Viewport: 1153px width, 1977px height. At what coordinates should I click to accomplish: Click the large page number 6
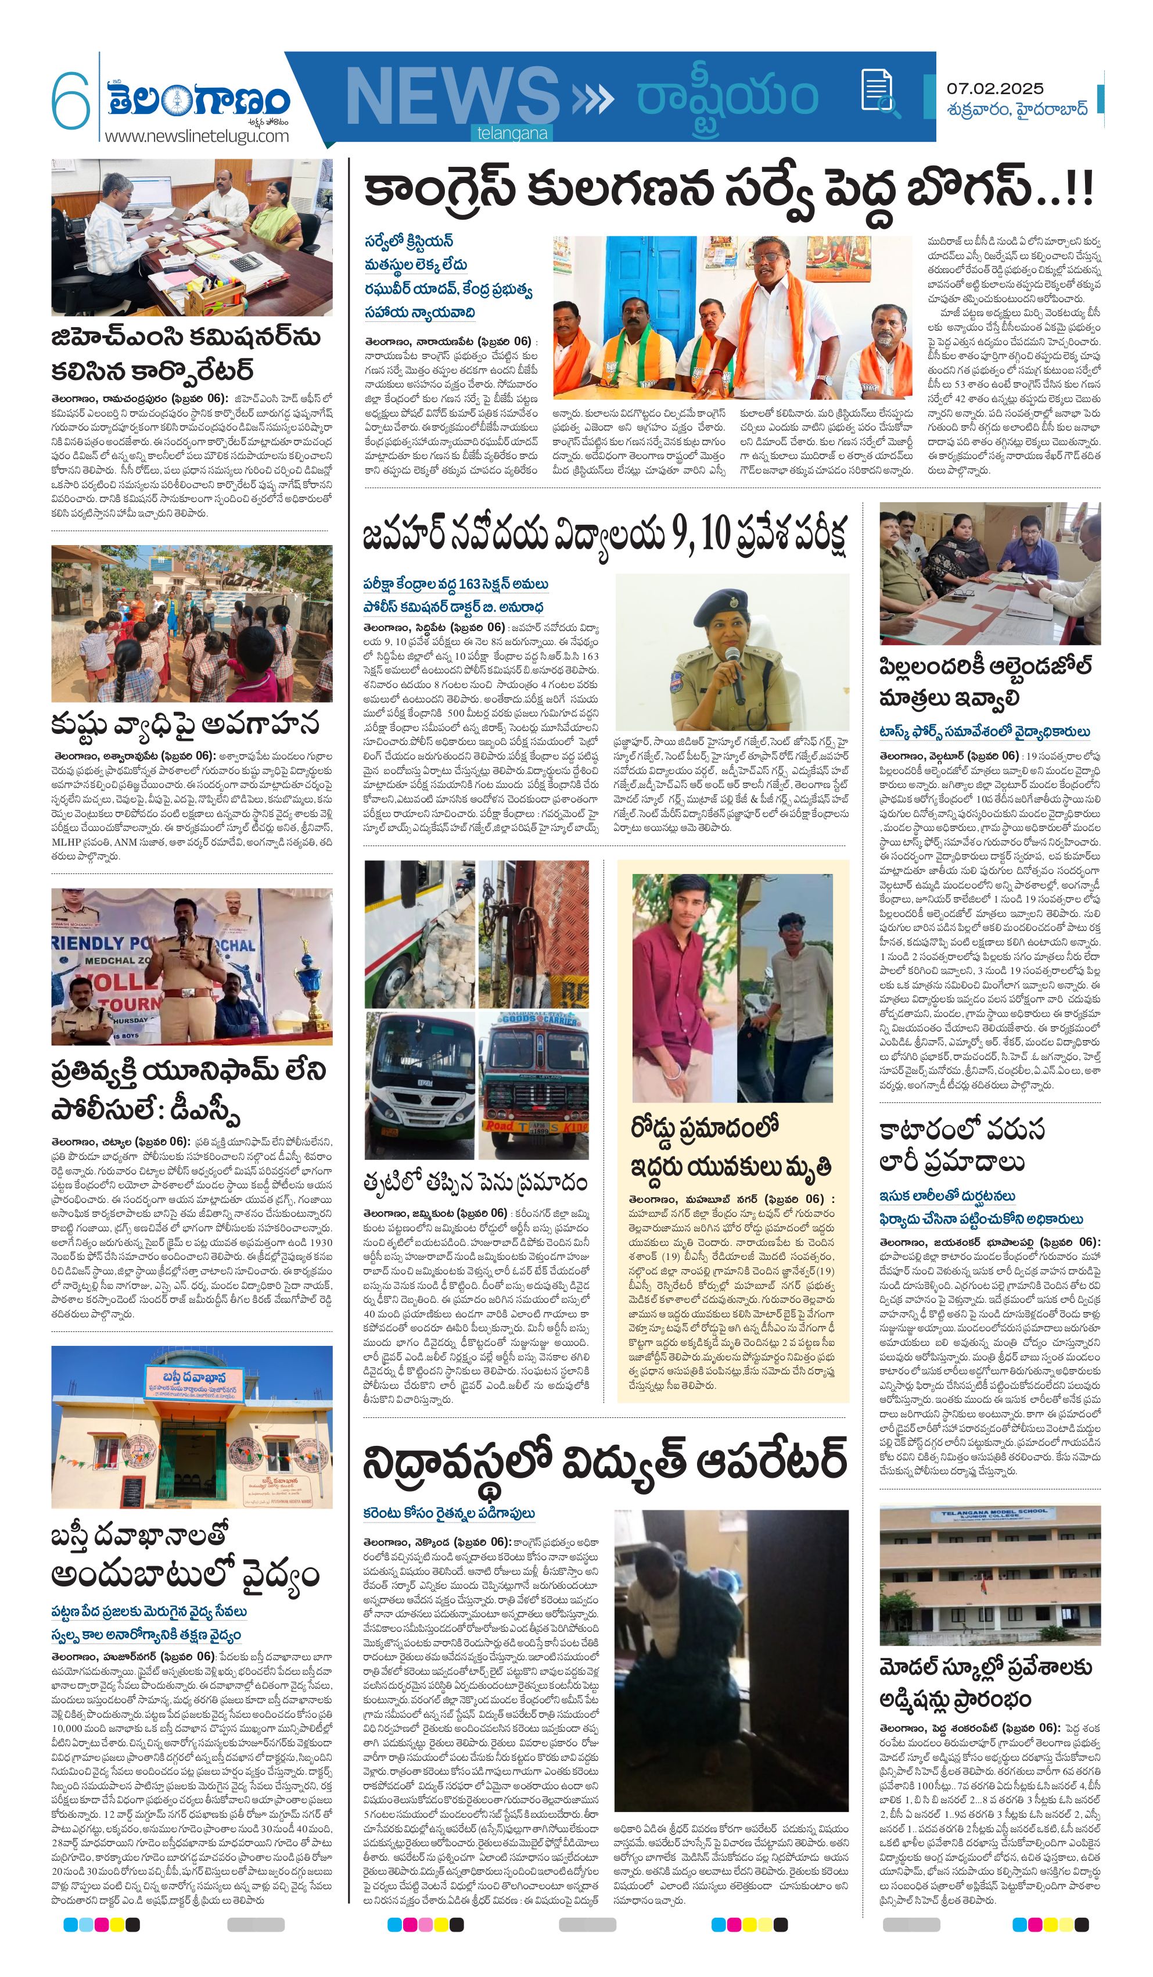pos(71,101)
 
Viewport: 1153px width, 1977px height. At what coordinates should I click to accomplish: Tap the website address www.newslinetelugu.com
pos(196,136)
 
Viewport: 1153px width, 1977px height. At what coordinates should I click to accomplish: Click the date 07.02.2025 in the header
pos(994,89)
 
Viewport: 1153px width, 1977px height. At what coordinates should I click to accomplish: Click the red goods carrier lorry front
pos(533,1087)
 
